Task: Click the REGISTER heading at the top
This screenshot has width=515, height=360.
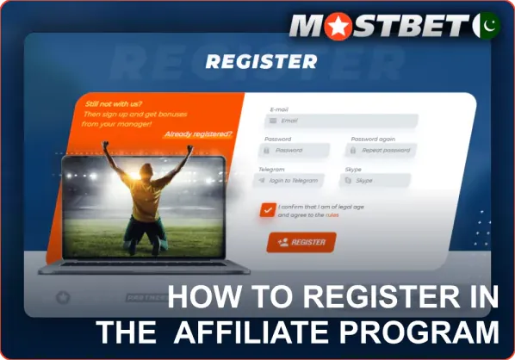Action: [x=261, y=62]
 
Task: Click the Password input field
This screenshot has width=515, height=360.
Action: [x=296, y=151]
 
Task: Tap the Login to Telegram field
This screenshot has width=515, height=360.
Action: [x=292, y=181]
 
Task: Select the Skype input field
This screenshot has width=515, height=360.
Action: [x=378, y=181]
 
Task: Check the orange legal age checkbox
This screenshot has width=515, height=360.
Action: [x=267, y=210]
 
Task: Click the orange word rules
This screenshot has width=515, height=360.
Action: [x=332, y=215]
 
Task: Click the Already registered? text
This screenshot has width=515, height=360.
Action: [x=197, y=133]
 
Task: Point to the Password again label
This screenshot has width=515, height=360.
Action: [x=371, y=139]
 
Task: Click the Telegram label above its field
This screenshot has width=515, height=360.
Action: [x=271, y=170]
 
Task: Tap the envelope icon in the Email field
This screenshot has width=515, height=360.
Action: [x=273, y=121]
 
